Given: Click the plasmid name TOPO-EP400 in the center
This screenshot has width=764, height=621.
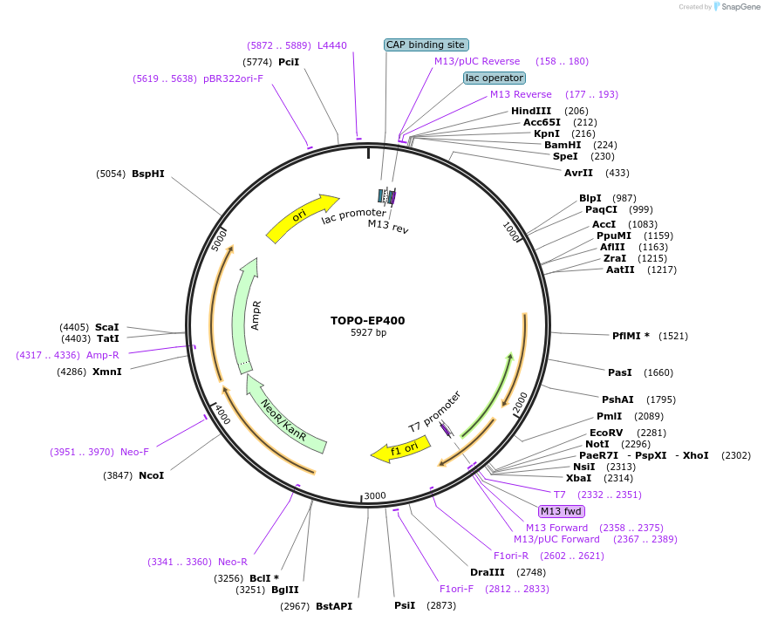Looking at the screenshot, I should tap(367, 320).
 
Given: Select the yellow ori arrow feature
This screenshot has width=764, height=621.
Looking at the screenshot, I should tap(302, 218).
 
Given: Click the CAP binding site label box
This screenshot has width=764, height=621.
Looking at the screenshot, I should tap(426, 44).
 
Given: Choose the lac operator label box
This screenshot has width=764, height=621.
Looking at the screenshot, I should tap(494, 78).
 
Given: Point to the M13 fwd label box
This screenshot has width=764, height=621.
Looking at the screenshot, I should tap(562, 511).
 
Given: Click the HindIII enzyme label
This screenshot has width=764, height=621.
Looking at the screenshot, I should tap(531, 111).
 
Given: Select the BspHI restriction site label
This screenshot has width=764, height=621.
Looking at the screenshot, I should tap(147, 174).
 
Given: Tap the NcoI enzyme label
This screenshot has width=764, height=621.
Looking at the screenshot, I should tap(151, 475).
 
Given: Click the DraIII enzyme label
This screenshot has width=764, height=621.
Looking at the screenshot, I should tap(487, 572).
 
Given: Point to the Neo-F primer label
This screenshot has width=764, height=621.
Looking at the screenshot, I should tap(134, 452).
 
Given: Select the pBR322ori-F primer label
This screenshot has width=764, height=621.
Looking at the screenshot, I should tap(233, 78).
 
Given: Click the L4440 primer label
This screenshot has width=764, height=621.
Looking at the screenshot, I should tap(332, 44).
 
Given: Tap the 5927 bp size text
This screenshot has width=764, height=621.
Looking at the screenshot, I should tap(367, 333).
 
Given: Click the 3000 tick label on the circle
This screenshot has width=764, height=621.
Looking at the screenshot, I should tap(375, 495).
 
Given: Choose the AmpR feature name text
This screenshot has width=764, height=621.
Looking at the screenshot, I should tap(256, 316).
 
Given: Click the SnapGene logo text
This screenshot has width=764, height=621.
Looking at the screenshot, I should tap(737, 7).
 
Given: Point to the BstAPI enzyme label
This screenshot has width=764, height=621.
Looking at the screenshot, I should tap(334, 605).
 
